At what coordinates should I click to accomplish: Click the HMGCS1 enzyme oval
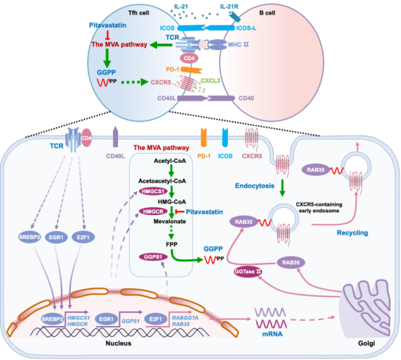coord(153,191)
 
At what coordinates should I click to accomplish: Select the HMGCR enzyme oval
coord(153,212)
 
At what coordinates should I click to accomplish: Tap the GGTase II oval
coord(248,272)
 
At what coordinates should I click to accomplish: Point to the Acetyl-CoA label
coord(170,161)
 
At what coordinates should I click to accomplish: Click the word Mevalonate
coord(170,222)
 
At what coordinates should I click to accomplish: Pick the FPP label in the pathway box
coord(172,244)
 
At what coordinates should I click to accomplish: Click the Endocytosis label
coord(255,185)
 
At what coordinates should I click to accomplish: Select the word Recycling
coord(353,233)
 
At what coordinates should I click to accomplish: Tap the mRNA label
coord(272,334)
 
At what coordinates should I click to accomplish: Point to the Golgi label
coord(366,343)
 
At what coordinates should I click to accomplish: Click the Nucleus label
coord(119,343)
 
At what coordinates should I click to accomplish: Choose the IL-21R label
coord(229,7)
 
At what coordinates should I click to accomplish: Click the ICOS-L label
coord(246,28)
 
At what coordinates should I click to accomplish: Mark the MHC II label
coord(238,44)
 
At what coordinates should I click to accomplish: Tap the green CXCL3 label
coord(210,80)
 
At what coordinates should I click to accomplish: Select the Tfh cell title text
coord(138,13)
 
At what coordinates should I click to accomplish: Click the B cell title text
coord(267,13)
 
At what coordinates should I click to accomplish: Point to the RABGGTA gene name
coord(185,317)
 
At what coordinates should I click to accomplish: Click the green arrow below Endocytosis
coord(282,188)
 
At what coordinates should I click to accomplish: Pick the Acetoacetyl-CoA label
coord(162,181)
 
